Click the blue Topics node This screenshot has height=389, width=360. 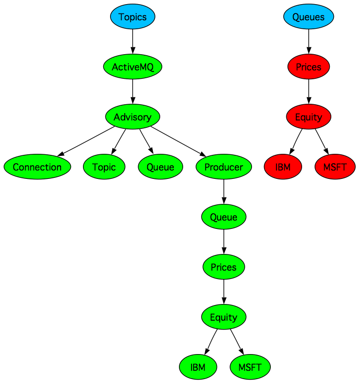pyautogui.click(x=133, y=17)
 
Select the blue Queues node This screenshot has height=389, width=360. pyautogui.click(x=308, y=17)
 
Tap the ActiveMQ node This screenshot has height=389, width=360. pyautogui.click(x=133, y=67)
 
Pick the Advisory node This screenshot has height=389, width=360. pyautogui.click(x=133, y=117)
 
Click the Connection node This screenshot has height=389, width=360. pyautogui.click(x=37, y=167)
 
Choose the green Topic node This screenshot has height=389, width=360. pyautogui.click(x=104, y=167)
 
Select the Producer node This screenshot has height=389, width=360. pyautogui.click(x=223, y=167)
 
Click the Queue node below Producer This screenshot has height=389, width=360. pyautogui.click(x=223, y=217)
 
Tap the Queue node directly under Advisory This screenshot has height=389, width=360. pyautogui.click(x=164, y=167)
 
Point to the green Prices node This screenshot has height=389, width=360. pyautogui.click(x=223, y=267)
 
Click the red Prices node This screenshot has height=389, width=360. pyautogui.click(x=308, y=67)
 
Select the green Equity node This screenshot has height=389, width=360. pyautogui.click(x=223, y=317)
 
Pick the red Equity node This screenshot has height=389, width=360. pyautogui.click(x=308, y=117)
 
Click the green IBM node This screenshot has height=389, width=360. pyautogui.click(x=198, y=367)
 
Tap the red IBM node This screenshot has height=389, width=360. pyautogui.click(x=283, y=167)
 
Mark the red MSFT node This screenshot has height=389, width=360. pyautogui.click(x=335, y=167)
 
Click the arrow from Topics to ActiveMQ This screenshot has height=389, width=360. pyautogui.click(x=133, y=42)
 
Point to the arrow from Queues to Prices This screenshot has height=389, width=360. pyautogui.click(x=308, y=42)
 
